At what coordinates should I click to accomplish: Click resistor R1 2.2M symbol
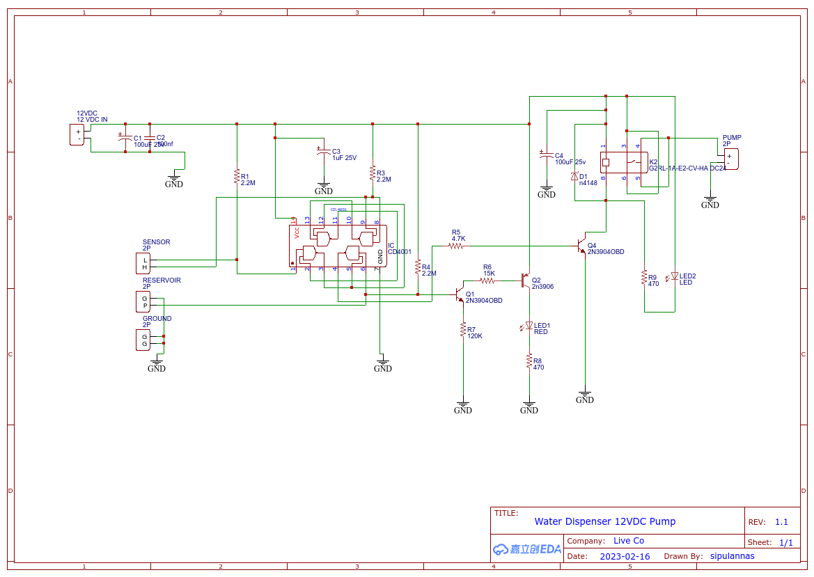click(237, 177)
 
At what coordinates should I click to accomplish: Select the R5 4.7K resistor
click(457, 246)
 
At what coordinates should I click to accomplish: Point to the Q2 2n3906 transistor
click(526, 280)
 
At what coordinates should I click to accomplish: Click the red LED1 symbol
click(529, 326)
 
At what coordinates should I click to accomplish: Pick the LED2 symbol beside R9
click(674, 276)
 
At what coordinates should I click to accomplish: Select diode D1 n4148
click(574, 177)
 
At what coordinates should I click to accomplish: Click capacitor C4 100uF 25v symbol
click(547, 155)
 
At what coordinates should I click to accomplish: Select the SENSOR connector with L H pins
click(144, 263)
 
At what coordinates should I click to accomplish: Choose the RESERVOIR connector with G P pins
click(144, 301)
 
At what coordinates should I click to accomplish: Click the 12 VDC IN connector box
click(79, 134)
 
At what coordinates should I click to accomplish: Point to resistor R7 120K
click(462, 329)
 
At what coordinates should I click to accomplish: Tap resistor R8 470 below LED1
click(529, 361)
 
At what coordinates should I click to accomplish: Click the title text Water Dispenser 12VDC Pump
click(604, 521)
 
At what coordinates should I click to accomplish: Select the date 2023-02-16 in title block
click(625, 556)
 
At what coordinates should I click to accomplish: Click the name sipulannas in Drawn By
click(732, 556)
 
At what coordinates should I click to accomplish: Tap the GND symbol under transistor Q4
click(585, 397)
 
